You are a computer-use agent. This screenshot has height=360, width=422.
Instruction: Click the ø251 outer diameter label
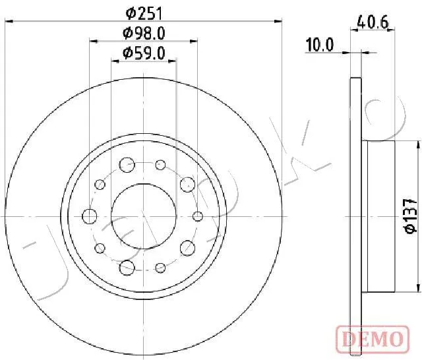coord(144,14)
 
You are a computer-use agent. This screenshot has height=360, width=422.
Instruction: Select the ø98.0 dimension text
coord(144,34)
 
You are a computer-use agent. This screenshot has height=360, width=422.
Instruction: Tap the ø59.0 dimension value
coord(144,53)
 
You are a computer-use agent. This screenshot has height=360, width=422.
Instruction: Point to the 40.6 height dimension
coord(373,22)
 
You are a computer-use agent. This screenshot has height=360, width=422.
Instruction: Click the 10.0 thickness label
coord(320,45)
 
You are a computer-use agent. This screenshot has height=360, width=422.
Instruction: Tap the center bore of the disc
coord(144,216)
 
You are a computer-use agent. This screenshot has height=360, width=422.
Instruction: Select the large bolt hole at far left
coord(90,216)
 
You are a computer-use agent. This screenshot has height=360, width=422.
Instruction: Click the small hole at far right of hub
coord(198,216)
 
